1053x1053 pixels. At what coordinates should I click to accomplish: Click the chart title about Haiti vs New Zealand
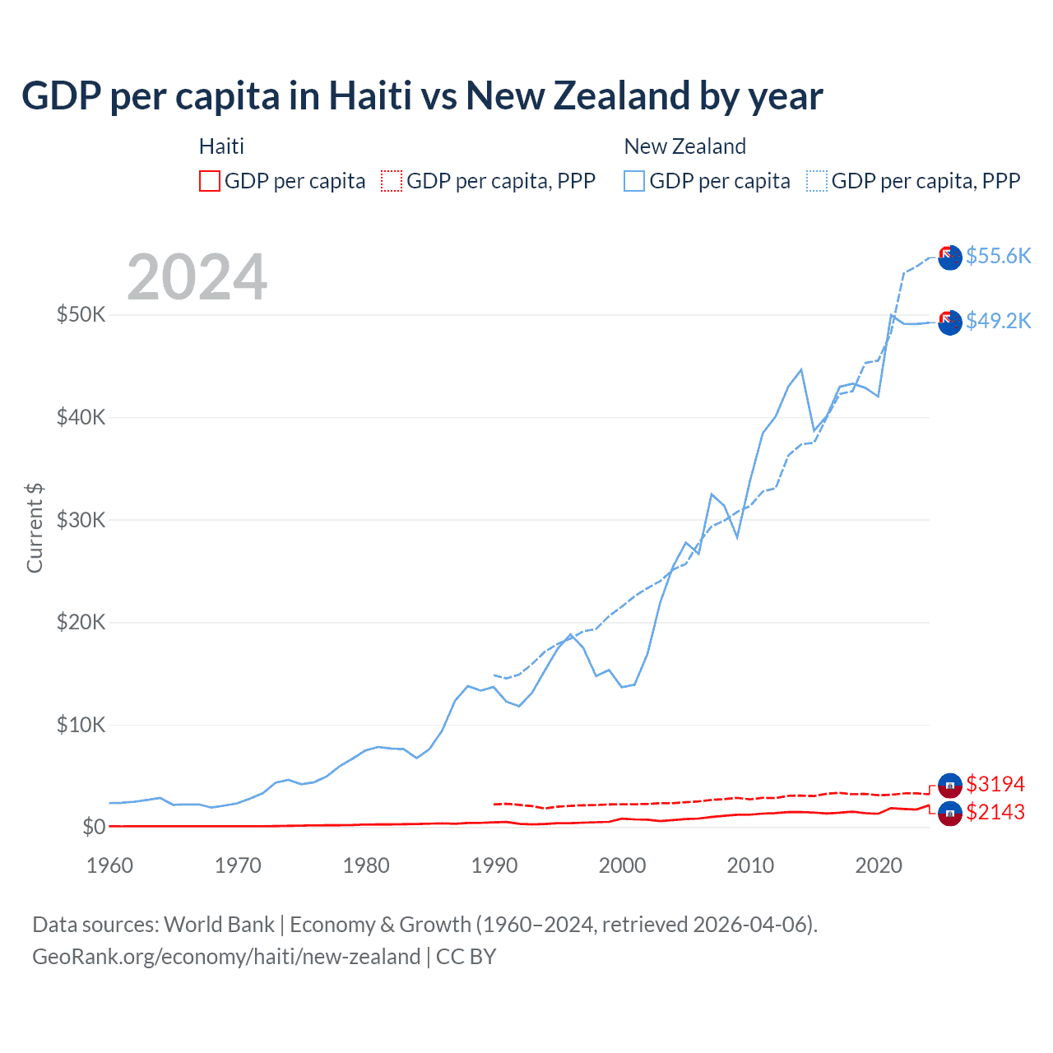coord(422,96)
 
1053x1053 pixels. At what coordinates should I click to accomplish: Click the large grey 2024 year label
coord(197,277)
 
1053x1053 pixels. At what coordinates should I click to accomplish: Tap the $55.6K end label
coord(998,256)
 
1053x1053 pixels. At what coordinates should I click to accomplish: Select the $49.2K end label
coord(998,321)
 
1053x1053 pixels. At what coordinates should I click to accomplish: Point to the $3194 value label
coord(995,784)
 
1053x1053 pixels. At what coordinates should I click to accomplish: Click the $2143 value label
coord(995,813)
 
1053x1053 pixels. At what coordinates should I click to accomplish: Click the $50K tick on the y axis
coord(81,315)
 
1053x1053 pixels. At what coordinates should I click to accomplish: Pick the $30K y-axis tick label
coord(81,520)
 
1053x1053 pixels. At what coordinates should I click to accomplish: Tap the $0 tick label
coord(94,827)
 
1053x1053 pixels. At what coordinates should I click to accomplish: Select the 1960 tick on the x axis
coord(109,865)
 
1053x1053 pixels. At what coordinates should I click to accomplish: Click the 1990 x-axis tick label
coord(494,865)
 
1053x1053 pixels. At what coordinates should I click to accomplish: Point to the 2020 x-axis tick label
coord(879,865)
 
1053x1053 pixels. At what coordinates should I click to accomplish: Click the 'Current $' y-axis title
coord(35,528)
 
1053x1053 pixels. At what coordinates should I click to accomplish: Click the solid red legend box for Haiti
coord(210,181)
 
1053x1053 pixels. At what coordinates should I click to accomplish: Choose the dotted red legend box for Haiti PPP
coord(392,181)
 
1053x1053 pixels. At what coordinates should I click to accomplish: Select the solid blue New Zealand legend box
coord(634,181)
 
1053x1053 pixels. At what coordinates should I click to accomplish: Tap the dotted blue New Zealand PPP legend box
coord(817,181)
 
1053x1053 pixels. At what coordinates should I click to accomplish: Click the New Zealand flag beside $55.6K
coord(950,257)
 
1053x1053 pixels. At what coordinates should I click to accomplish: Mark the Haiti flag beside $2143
coord(950,814)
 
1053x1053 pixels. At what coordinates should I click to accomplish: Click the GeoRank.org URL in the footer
coord(226,957)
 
